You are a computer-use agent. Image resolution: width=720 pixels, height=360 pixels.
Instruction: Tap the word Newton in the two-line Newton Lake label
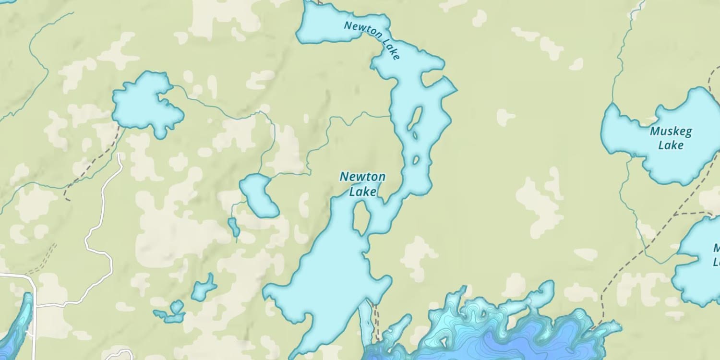click(362, 177)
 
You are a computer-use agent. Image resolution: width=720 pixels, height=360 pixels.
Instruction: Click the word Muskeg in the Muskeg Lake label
click(671, 131)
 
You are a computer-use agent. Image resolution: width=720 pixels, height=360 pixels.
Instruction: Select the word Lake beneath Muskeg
click(671, 145)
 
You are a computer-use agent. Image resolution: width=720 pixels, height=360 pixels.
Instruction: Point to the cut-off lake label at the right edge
click(716, 255)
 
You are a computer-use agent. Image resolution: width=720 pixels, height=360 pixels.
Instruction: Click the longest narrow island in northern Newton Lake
click(415, 119)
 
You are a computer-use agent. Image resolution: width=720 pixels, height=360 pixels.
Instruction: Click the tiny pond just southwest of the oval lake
click(233, 226)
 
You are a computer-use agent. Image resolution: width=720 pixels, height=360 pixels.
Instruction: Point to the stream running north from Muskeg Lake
click(619, 58)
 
